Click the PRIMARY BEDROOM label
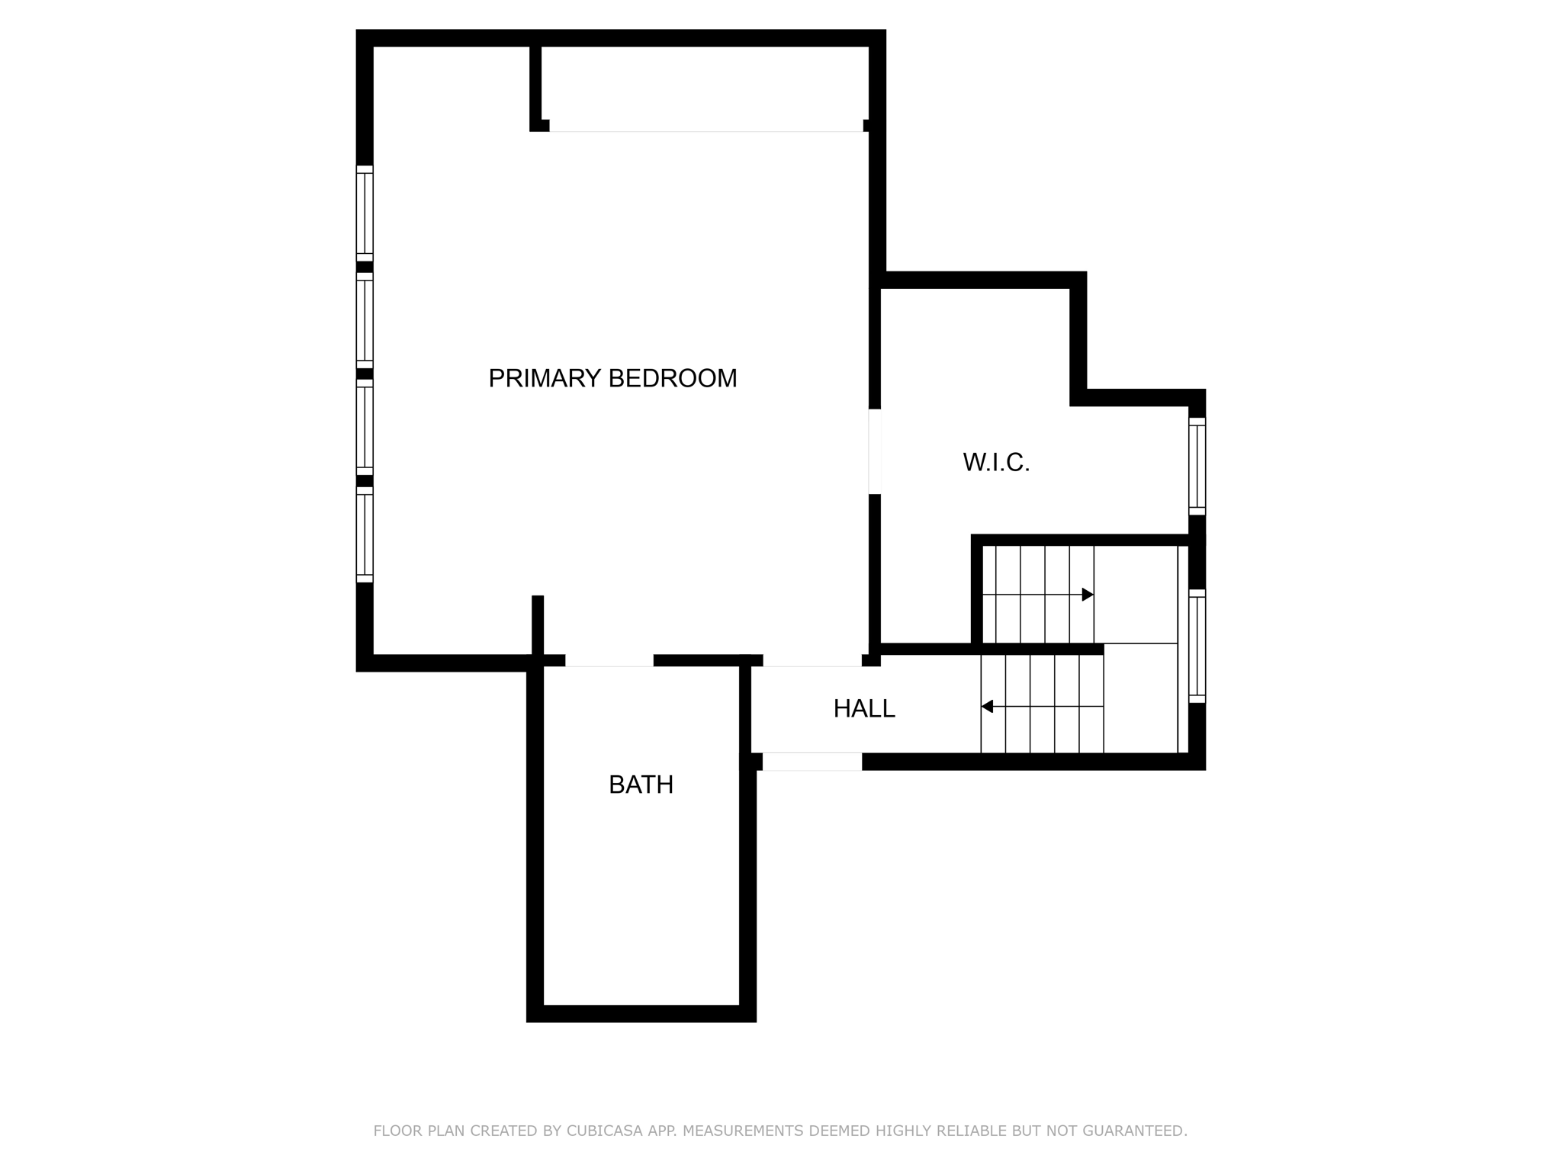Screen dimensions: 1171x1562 612,378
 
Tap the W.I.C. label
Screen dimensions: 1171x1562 996,462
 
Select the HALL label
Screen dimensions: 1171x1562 863,709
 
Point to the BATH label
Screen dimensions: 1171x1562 641,784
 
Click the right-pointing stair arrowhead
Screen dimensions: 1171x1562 1088,595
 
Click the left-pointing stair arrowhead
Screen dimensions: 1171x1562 987,707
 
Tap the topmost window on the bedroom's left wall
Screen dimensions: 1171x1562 365,213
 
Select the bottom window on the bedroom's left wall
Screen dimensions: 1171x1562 365,534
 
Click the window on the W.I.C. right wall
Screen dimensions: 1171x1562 1197,466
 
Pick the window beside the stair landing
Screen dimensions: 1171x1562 1197,646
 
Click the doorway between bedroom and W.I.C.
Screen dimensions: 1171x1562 875,451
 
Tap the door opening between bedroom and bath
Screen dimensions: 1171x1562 609,660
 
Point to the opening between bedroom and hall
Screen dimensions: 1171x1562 812,660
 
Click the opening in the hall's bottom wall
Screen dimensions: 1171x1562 812,761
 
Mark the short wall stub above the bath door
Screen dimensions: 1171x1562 538,624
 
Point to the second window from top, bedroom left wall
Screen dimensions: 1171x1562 365,321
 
